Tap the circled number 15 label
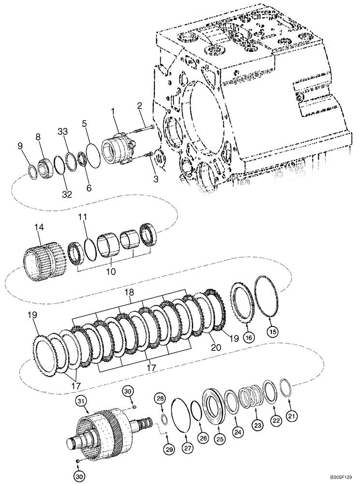click(273, 332)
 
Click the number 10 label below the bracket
click(111, 272)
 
